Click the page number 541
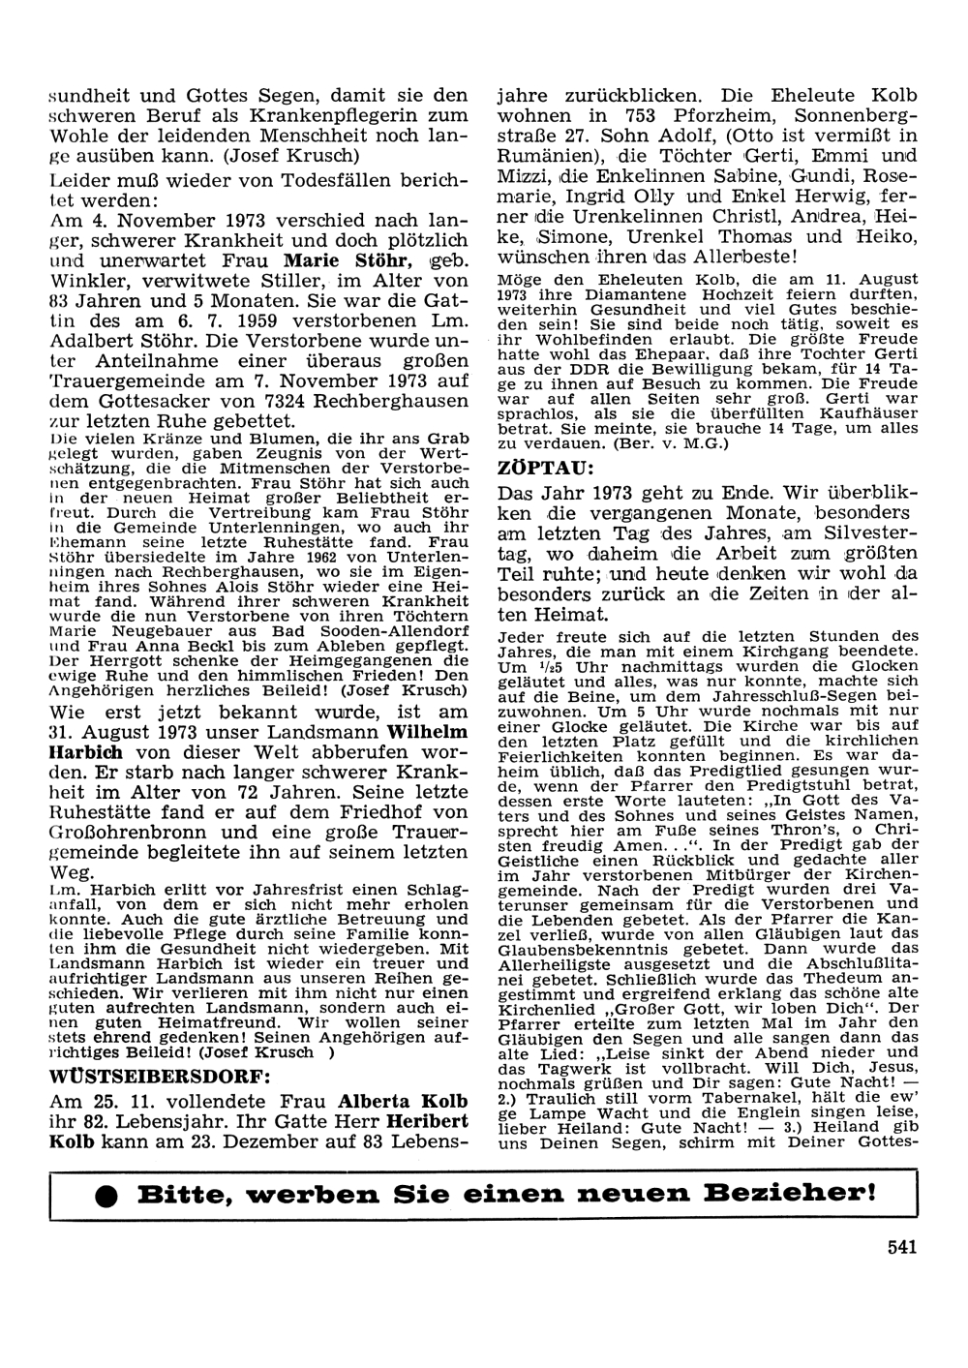[x=901, y=1246]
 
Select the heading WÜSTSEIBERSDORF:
[x=161, y=1076]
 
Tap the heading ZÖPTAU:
[x=540, y=467]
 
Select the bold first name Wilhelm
[x=427, y=731]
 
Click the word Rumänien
[x=544, y=156]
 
